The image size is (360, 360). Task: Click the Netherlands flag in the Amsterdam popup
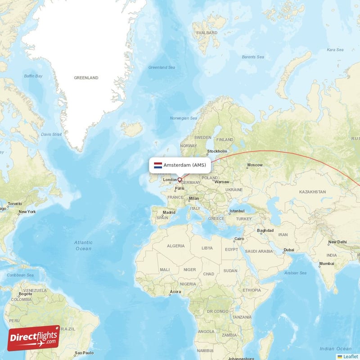pyautogui.click(x=158, y=165)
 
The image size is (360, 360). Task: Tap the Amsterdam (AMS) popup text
pyautogui.click(x=184, y=165)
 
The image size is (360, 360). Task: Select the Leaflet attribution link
pyautogui.click(x=350, y=356)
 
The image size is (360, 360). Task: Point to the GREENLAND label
pyautogui.click(x=86, y=78)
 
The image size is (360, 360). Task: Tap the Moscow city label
pyautogui.click(x=255, y=165)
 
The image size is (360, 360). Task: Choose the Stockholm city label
pyautogui.click(x=217, y=151)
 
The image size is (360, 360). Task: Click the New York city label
pyautogui.click(x=27, y=211)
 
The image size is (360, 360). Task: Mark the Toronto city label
pyautogui.click(x=15, y=204)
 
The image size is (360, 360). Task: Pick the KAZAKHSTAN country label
pyautogui.click(x=312, y=192)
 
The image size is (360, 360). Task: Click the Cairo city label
pyautogui.click(x=238, y=238)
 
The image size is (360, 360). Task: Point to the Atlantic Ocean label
pyautogui.click(x=83, y=245)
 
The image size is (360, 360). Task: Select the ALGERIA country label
pyautogui.click(x=175, y=246)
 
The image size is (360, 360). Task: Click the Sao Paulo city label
pyautogui.click(x=84, y=353)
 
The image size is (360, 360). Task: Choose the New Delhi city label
pyautogui.click(x=337, y=242)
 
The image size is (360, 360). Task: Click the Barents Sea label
pyautogui.click(x=252, y=57)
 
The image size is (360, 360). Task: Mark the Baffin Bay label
pyautogui.click(x=33, y=76)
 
